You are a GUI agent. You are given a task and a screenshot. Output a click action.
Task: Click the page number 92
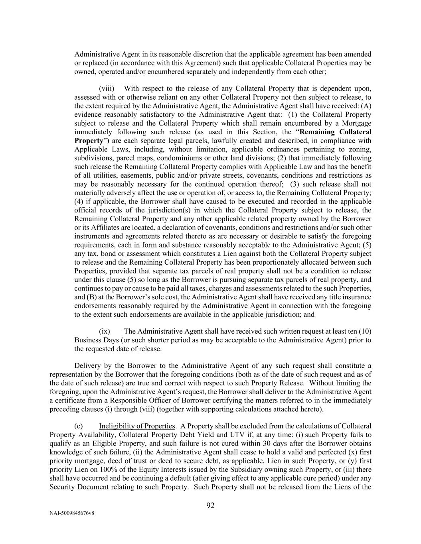(x=210, y=506)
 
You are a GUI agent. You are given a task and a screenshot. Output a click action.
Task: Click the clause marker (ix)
(x=105, y=331)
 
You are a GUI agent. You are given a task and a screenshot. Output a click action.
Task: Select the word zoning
(x=360, y=149)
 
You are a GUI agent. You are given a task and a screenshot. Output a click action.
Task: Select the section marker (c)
(x=78, y=426)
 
